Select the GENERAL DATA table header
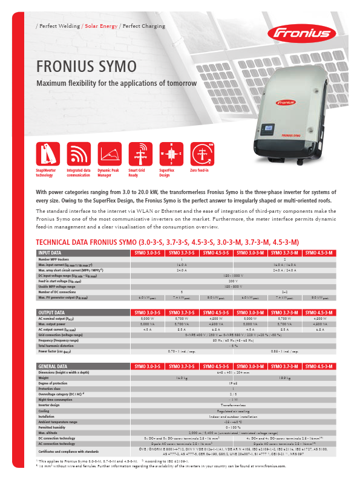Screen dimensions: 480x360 pyautogui.click(x=53, y=367)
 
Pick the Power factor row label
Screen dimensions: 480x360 pyautogui.click(x=54, y=351)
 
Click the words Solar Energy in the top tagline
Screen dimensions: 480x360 pyautogui.click(x=101, y=26)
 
